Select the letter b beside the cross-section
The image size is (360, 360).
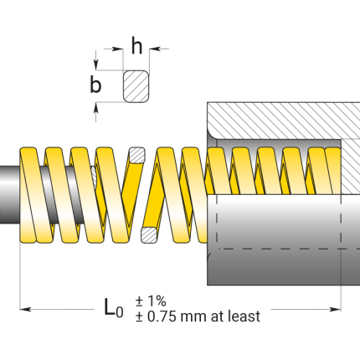pos(96,85)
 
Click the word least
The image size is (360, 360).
pos(244,316)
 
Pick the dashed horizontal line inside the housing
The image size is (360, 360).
pos(276,249)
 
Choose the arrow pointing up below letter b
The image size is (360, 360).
pos(97,106)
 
